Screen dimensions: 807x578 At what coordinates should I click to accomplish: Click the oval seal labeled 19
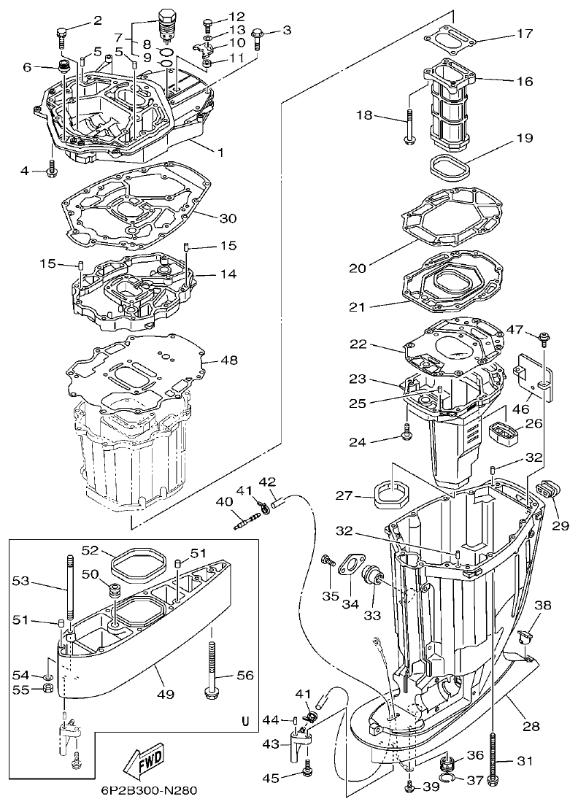pos(447,164)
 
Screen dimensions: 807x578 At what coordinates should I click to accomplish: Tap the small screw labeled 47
pos(543,336)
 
